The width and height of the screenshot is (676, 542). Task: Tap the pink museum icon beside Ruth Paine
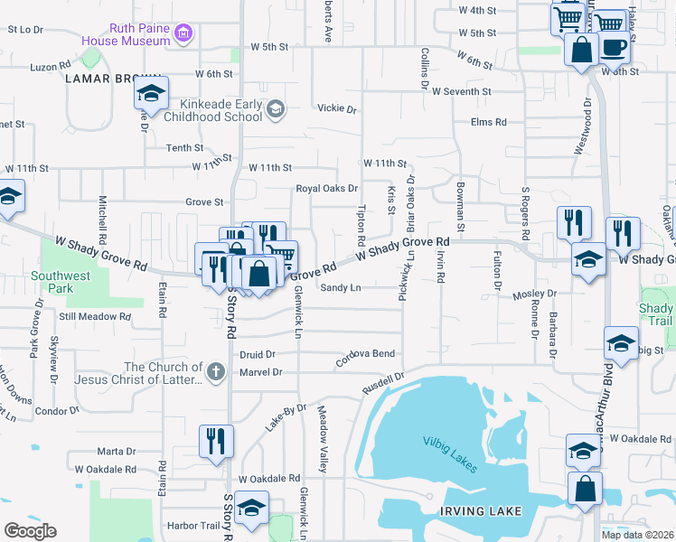(184, 34)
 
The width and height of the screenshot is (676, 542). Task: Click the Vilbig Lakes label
(450, 441)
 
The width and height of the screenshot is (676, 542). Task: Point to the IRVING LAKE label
(481, 511)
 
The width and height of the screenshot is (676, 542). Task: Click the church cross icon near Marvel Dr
(215, 371)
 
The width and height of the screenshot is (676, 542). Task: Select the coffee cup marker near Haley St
(614, 46)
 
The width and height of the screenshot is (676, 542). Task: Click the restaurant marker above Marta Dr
(217, 441)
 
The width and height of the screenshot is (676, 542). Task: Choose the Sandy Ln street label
(341, 287)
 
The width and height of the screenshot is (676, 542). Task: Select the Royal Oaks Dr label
(328, 189)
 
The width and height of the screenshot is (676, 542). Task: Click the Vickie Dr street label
(337, 108)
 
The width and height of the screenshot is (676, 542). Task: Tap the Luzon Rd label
(51, 66)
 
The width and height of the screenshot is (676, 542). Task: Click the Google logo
(30, 531)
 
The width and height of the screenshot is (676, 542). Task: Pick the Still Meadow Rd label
(94, 317)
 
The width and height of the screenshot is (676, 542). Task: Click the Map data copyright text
(638, 535)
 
